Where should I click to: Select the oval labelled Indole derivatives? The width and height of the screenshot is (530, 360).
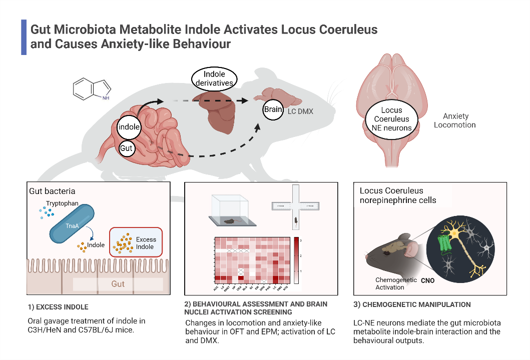[215, 78]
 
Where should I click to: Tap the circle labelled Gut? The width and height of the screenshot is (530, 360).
[127, 148]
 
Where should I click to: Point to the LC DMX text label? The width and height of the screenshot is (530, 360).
[300, 111]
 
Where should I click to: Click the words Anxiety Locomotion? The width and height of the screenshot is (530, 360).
[455, 120]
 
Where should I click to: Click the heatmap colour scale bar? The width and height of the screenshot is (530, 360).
[297, 260]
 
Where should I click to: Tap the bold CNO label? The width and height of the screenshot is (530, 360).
[428, 281]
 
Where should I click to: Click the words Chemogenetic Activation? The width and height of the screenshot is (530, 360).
[396, 283]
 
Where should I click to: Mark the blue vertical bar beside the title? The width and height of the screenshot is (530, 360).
[23, 37]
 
